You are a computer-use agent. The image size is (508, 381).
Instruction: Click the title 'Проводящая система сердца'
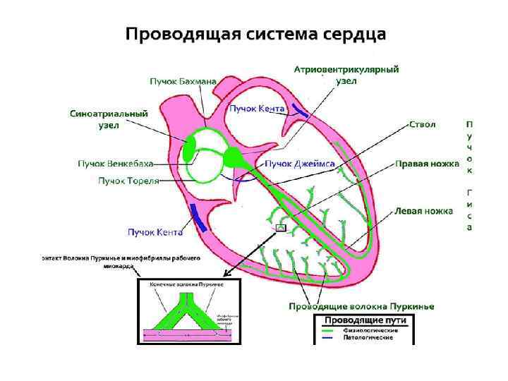click(255, 34)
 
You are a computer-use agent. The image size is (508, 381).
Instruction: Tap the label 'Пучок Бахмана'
click(183, 82)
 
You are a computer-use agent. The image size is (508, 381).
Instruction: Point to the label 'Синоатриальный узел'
click(108, 119)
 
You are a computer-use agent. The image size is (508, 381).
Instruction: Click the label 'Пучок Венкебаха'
click(115, 164)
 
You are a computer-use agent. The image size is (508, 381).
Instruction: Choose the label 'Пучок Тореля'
click(128, 181)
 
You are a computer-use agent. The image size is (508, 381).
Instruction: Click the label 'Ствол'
click(423, 125)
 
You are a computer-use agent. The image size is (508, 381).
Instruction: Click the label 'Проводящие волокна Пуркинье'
click(361, 306)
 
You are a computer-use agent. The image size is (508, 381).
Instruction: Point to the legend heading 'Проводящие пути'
click(365, 321)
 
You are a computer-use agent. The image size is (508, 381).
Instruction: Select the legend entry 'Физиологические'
click(370, 330)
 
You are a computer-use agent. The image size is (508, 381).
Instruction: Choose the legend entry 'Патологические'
click(368, 338)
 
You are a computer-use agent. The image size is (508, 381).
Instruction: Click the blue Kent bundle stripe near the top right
click(300, 111)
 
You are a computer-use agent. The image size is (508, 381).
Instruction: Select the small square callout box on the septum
click(281, 227)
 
